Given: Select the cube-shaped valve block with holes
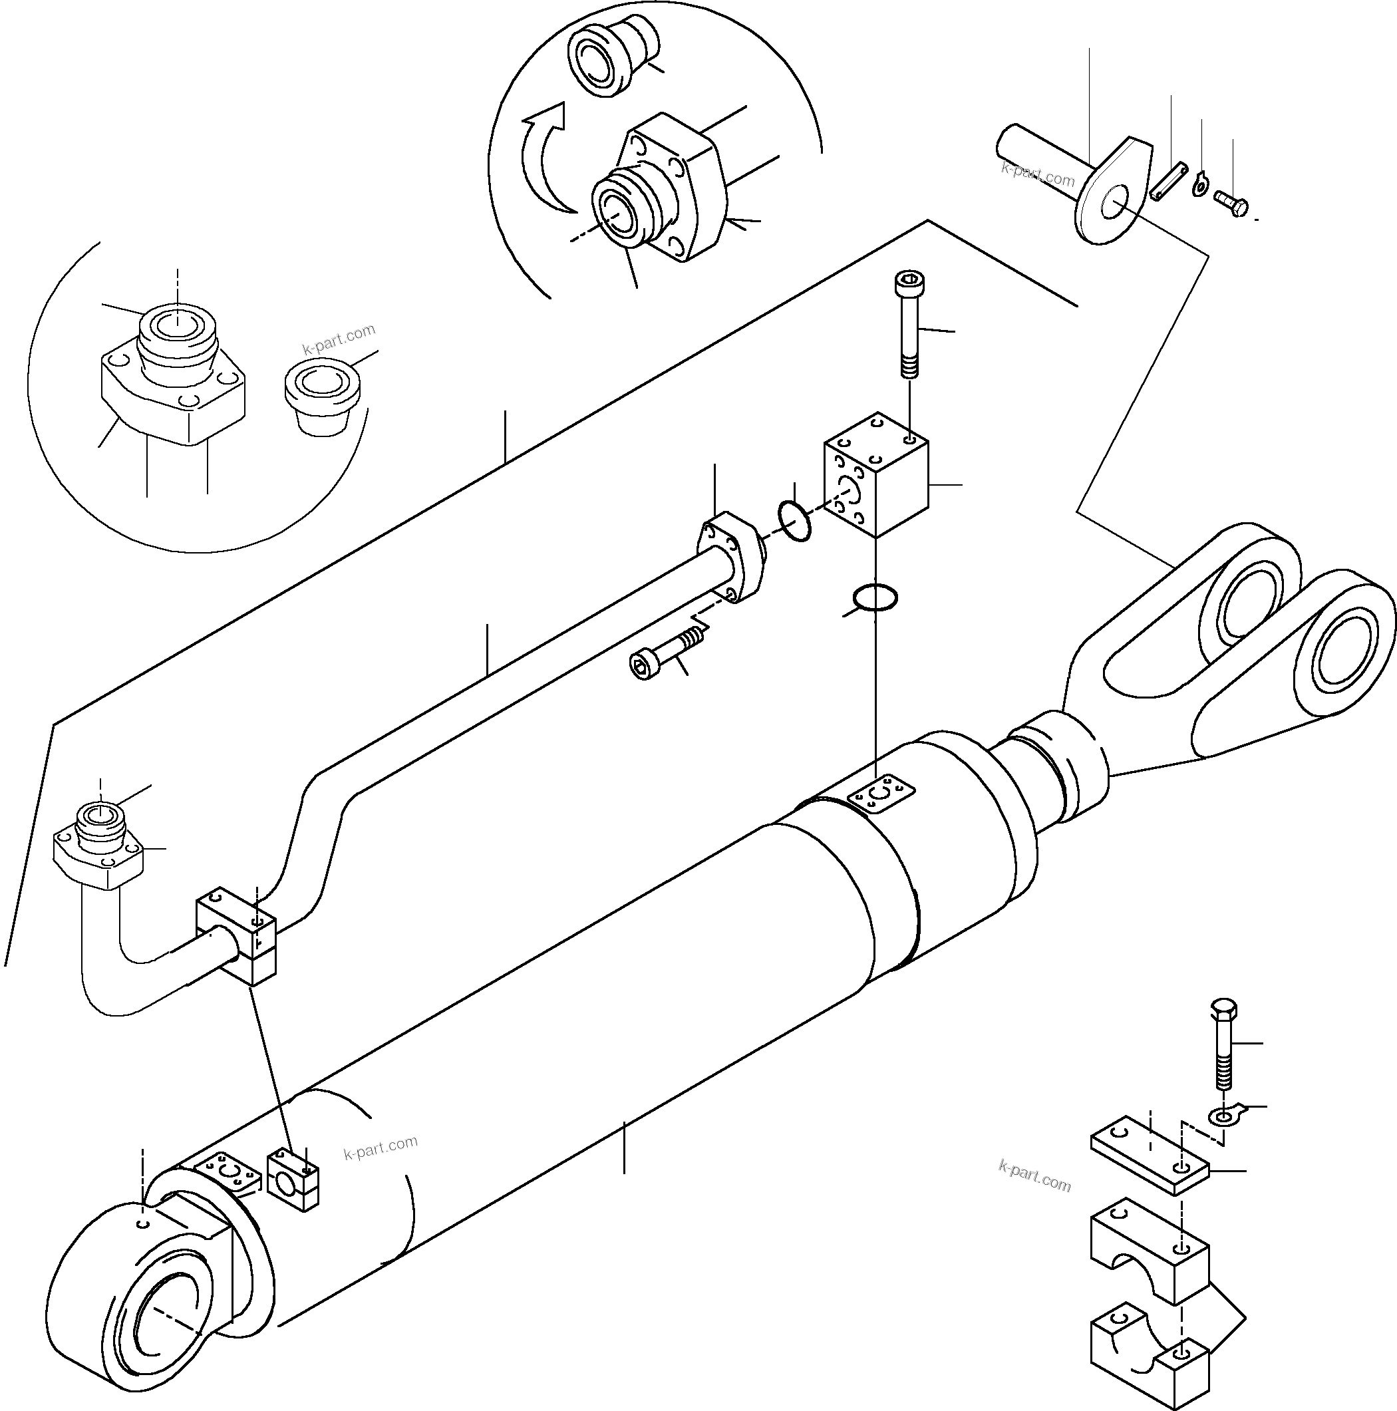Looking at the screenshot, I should pos(876,482).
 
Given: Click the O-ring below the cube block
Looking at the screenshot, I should pos(875,597).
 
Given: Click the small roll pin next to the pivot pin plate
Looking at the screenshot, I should pos(1170,179).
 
